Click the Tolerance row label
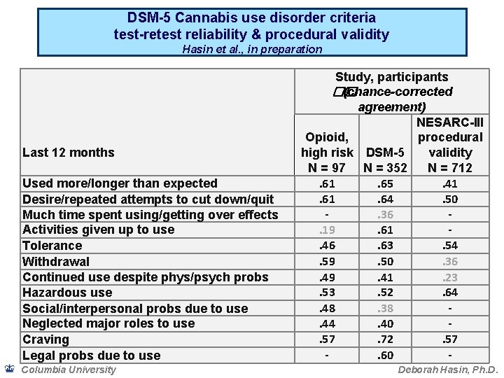(x=52, y=246)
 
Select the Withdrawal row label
(x=56, y=262)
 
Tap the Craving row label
(x=45, y=339)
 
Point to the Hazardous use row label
(x=67, y=293)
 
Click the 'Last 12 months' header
(x=69, y=153)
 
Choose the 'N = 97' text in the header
(x=327, y=168)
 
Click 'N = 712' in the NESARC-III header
(x=451, y=168)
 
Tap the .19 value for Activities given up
(x=327, y=230)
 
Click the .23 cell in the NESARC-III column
(x=451, y=277)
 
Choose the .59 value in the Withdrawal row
(x=327, y=262)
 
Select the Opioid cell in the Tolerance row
(x=327, y=246)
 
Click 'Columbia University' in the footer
(x=69, y=370)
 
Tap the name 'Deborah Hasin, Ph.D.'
(x=446, y=370)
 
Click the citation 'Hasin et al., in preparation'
(x=252, y=49)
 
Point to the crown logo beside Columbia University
(x=8, y=369)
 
